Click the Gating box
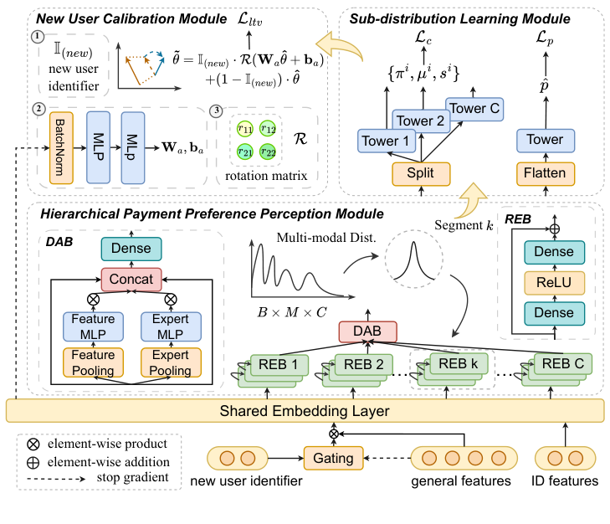(333, 458)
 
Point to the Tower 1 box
(386, 141)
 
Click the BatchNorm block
(62, 146)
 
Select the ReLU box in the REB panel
(549, 282)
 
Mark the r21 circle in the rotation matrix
(244, 152)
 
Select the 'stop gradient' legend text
(121, 478)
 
